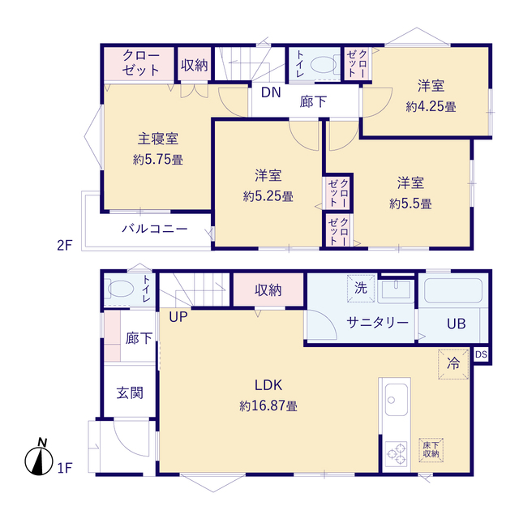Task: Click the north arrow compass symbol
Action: click(x=39, y=458)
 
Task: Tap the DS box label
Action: click(x=481, y=354)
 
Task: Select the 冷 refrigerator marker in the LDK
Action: click(x=453, y=364)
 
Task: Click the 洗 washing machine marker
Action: click(x=360, y=288)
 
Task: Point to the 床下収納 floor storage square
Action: click(x=431, y=449)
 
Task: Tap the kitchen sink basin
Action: click(x=397, y=400)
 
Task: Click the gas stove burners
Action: click(x=397, y=454)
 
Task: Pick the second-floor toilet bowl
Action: click(x=324, y=65)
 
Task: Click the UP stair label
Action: click(x=178, y=317)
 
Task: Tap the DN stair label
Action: click(x=271, y=92)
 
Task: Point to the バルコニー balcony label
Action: click(x=155, y=229)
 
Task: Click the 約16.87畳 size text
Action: click(x=268, y=405)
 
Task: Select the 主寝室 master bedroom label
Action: click(x=158, y=139)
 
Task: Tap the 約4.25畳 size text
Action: click(x=431, y=106)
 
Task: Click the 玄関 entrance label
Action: click(x=130, y=393)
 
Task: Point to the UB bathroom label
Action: click(x=457, y=324)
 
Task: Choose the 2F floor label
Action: click(x=65, y=245)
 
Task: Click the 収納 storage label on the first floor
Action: click(x=268, y=290)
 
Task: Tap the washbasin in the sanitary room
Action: click(x=396, y=291)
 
